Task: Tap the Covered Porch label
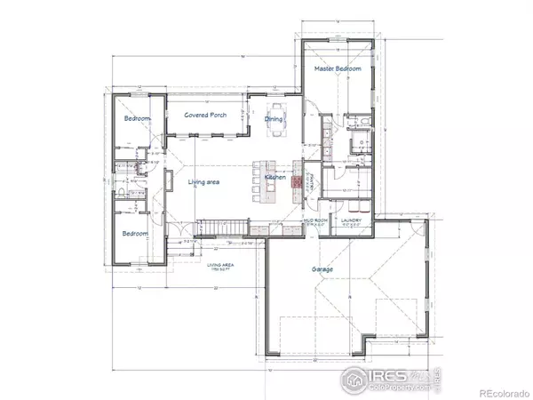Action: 203,116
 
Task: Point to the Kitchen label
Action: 274,178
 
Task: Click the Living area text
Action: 203,182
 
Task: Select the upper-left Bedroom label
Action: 136,118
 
